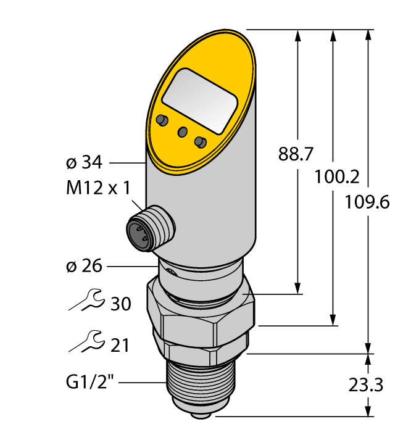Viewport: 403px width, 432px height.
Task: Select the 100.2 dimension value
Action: [336, 177]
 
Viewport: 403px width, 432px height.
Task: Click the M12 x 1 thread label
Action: [98, 188]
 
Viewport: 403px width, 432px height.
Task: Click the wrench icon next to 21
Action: [85, 340]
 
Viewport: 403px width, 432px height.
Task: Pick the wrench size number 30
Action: [120, 304]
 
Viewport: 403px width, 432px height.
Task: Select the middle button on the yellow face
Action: [182, 131]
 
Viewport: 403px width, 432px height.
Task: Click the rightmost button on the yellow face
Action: [199, 143]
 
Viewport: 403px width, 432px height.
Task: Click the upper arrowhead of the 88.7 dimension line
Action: [298, 35]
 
